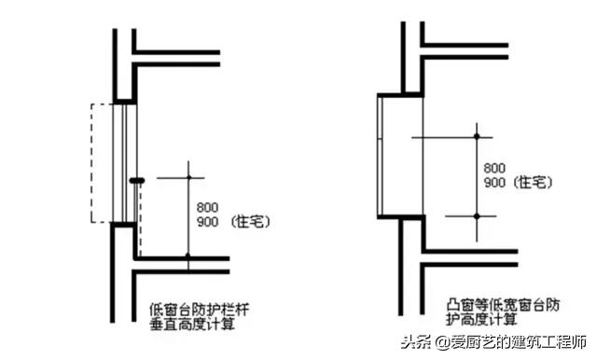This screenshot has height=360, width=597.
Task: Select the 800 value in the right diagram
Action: (495, 169)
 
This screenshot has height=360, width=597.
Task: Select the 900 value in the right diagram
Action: (495, 183)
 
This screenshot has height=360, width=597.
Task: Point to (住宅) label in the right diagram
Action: (535, 183)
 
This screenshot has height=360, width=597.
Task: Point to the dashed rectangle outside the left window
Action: (91, 163)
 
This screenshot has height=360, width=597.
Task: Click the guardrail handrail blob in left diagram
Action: (137, 179)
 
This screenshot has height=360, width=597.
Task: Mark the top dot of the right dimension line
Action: (477, 137)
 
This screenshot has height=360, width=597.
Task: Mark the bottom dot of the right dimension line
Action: (477, 216)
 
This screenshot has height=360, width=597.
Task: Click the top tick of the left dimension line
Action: (187, 175)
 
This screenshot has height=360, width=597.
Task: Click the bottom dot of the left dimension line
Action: (187, 254)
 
